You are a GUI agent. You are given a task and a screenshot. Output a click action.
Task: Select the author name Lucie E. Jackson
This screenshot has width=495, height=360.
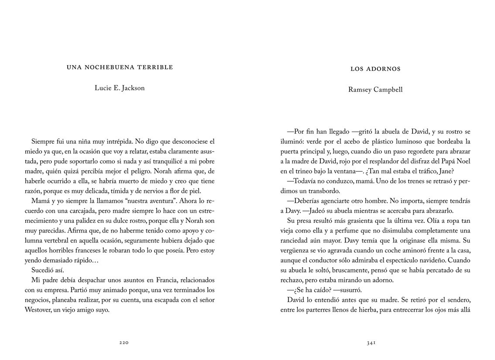click(x=120, y=88)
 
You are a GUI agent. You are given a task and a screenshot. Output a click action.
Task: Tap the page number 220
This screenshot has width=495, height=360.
click(x=124, y=343)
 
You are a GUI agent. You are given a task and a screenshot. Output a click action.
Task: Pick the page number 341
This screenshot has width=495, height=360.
click(x=371, y=343)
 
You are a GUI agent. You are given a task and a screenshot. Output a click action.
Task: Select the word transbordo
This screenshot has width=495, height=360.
click(x=320, y=191)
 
